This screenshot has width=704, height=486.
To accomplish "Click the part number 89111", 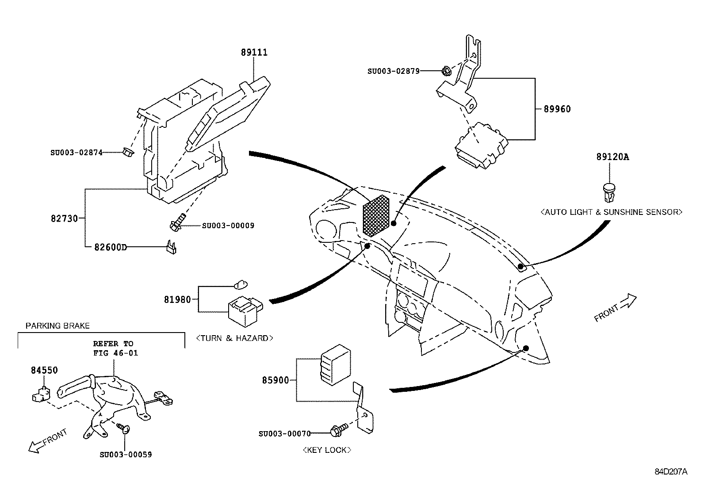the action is (x=254, y=52).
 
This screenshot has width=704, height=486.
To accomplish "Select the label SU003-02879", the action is (x=394, y=71).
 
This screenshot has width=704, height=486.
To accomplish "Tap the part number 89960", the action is (x=557, y=109).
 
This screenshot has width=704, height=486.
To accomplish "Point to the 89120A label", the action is (x=613, y=157).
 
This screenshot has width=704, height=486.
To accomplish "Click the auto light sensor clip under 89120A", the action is (x=609, y=192).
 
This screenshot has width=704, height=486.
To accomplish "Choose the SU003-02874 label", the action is (x=77, y=153).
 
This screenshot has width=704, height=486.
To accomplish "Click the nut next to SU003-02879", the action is (x=445, y=71).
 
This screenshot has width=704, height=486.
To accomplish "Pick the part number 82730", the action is (x=65, y=218).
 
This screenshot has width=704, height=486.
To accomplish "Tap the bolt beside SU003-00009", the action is (x=178, y=222).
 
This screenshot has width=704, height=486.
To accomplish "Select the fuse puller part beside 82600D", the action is (x=171, y=247).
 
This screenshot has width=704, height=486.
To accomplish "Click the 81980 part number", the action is (x=178, y=299).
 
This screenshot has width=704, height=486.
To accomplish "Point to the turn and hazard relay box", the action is (x=245, y=311).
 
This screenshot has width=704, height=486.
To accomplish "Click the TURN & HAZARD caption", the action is (x=234, y=338).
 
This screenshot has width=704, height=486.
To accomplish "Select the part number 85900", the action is (x=275, y=380).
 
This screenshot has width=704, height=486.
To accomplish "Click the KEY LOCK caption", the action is (x=327, y=450).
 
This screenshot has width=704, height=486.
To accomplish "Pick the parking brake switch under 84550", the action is (x=41, y=394).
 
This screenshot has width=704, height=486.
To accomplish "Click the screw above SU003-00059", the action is (x=124, y=428).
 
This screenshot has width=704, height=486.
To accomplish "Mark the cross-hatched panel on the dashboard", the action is (x=376, y=216).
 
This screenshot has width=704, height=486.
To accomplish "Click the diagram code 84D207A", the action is (x=671, y=471).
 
